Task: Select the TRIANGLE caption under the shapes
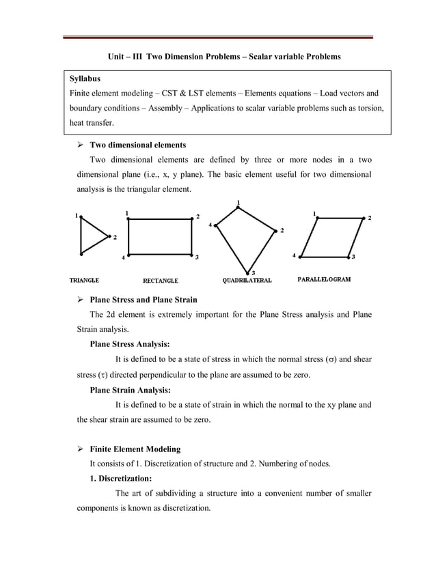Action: click(85, 280)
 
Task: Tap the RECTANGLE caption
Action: click(160, 281)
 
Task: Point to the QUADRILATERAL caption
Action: click(247, 281)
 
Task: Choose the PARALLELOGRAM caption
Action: click(325, 279)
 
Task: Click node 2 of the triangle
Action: click(110, 236)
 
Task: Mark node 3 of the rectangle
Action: click(191, 255)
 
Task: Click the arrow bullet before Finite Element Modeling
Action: click(80, 449)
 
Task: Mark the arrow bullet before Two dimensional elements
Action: click(80, 145)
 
